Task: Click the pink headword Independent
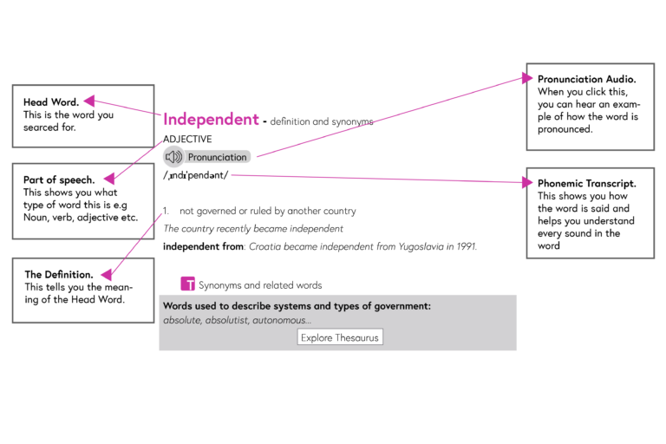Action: tap(211, 120)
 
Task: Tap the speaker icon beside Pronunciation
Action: tap(173, 157)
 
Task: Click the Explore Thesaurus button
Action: tap(340, 337)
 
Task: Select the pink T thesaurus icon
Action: tap(187, 284)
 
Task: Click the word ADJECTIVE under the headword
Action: tap(187, 139)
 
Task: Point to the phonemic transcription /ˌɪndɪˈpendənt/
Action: tap(195, 175)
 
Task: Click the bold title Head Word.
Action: tap(51, 102)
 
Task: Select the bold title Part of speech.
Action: tap(59, 180)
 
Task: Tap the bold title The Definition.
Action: tap(59, 275)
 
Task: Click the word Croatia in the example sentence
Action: tap(265, 246)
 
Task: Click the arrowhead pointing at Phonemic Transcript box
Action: tap(528, 182)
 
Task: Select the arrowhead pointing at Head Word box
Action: tap(88, 101)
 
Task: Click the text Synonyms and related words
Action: tap(260, 285)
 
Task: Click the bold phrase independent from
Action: tap(203, 246)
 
